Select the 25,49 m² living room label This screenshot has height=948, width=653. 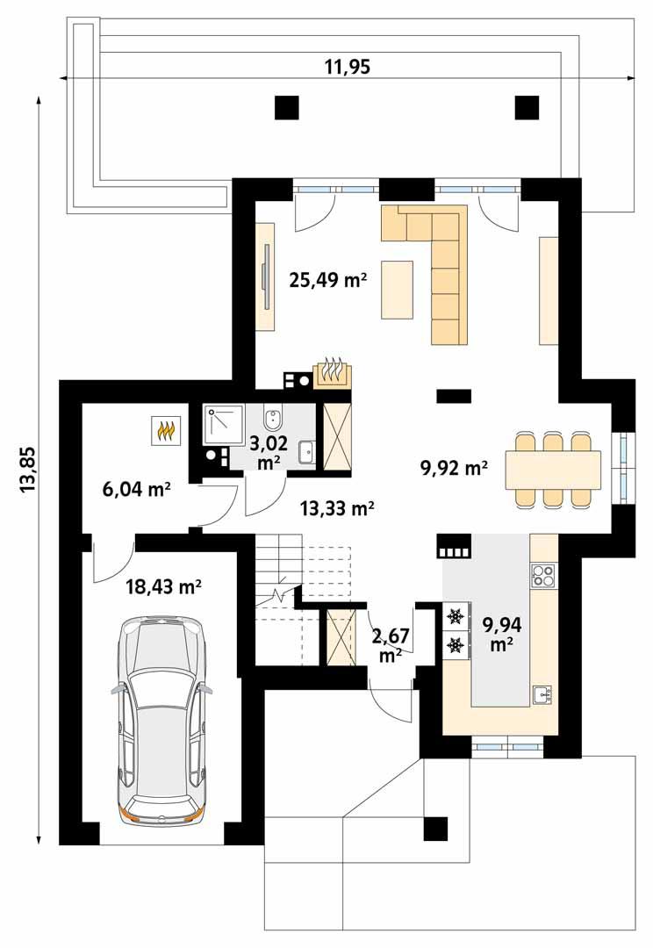[327, 280]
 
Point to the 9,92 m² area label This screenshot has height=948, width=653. [454, 468]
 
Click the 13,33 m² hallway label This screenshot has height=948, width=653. [337, 506]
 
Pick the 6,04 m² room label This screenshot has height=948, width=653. [136, 489]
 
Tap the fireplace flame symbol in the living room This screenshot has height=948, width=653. [332, 372]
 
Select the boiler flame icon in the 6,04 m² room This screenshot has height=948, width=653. [165, 430]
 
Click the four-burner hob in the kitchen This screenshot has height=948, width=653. [543, 576]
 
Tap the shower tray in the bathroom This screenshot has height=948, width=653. [225, 425]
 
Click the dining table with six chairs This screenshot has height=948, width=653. [554, 468]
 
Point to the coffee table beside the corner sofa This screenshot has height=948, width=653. [398, 289]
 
